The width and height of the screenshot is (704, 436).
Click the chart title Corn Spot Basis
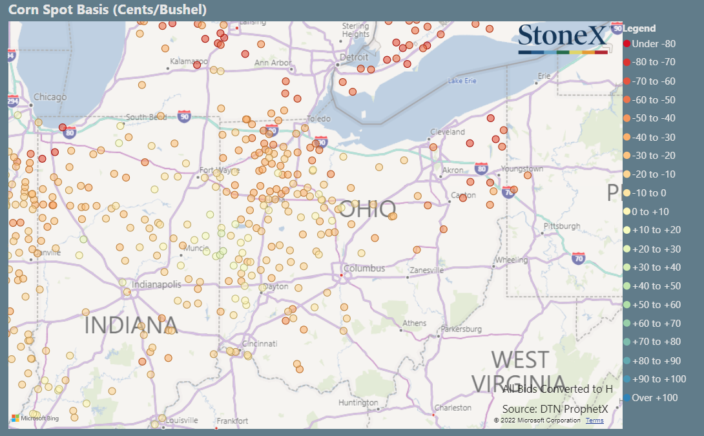107,10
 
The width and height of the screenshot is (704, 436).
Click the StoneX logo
563,38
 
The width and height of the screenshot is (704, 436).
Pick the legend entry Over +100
654,398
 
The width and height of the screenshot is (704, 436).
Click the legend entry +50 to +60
656,305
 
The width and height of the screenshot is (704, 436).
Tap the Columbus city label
364,269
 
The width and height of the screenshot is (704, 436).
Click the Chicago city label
50,98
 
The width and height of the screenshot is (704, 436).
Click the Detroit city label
354,57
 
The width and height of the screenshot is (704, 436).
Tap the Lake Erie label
462,81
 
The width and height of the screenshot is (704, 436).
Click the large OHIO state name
367,209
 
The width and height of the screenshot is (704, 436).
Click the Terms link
594,420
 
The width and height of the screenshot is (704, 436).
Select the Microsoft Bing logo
35,419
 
